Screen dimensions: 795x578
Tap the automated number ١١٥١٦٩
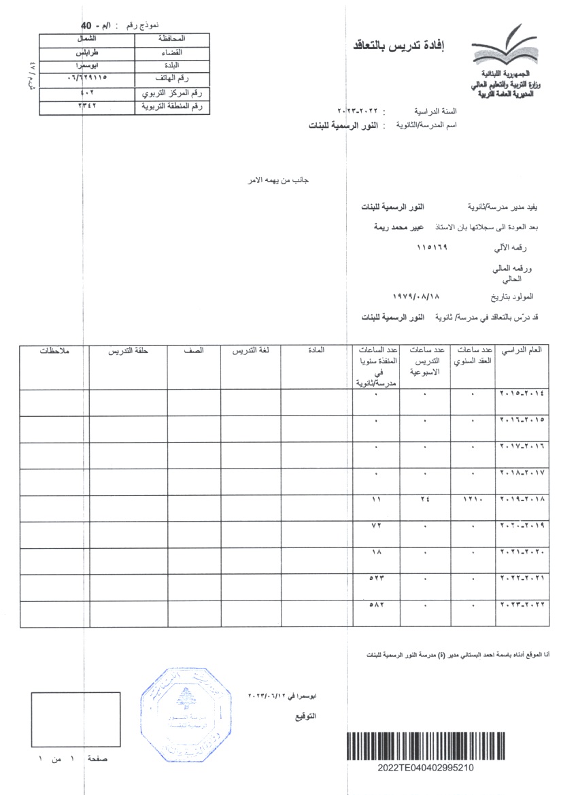point(432,249)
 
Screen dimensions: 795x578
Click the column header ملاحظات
point(54,351)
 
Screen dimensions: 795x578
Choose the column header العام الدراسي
point(522,350)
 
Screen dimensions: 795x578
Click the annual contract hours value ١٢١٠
point(472,500)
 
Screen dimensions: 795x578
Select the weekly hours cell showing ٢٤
point(424,500)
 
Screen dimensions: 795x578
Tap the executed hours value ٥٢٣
point(376,579)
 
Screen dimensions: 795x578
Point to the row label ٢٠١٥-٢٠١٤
point(522,394)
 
